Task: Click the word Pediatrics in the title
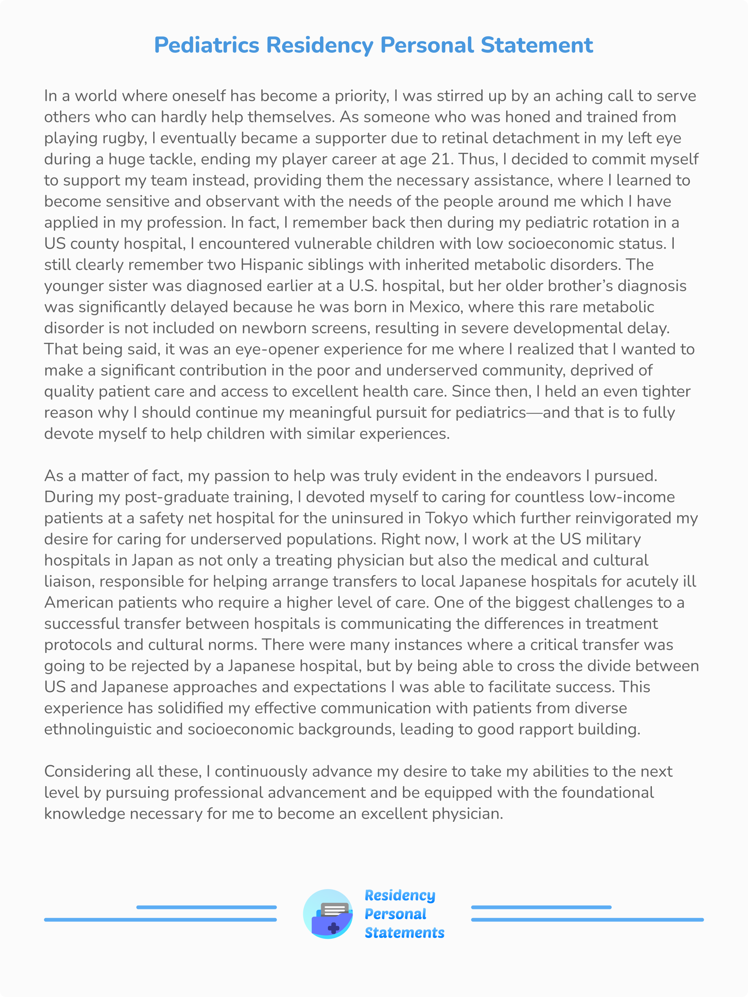[x=206, y=45]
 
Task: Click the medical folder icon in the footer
[x=328, y=914]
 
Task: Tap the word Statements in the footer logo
[x=404, y=932]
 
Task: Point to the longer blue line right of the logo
[x=587, y=920]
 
